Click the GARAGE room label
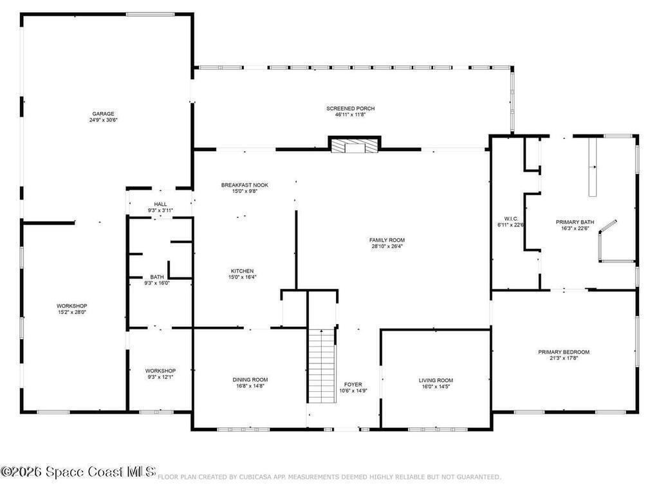pos(103,114)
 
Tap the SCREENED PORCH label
pos(351,108)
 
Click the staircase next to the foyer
pos(322,366)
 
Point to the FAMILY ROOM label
pos(387,241)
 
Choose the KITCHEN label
pos(242,271)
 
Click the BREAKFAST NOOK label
pos(245,185)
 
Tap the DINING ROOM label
pos(250,380)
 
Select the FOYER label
pos(353,385)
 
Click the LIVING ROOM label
pos(436,381)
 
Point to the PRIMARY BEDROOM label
pos(564,352)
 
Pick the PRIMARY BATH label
pos(575,222)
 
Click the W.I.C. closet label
pos(511,219)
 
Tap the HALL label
pos(160,204)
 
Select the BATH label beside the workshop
pos(157,277)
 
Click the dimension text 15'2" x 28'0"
pos(72,312)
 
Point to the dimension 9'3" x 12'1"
pos(160,377)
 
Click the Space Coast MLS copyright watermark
pos(78,471)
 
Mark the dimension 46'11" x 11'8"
pos(351,114)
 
